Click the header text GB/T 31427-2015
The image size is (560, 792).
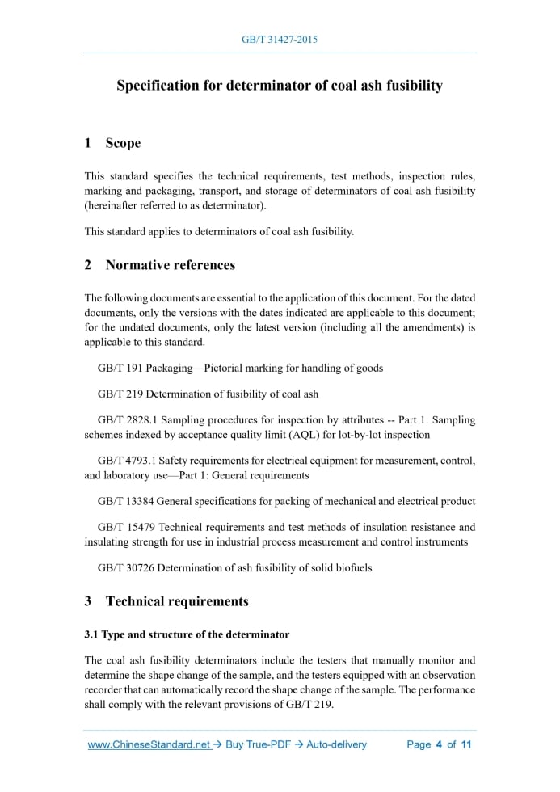click(280, 39)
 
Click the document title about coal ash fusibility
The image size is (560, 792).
click(280, 86)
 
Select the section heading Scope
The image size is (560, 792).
click(123, 143)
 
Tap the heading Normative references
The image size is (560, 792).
click(170, 264)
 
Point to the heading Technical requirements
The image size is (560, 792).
click(177, 601)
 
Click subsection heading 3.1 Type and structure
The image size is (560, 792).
click(187, 634)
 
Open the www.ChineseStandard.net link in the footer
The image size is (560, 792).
click(149, 744)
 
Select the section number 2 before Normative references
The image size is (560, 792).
click(88, 264)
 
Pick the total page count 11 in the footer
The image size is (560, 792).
click(465, 744)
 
